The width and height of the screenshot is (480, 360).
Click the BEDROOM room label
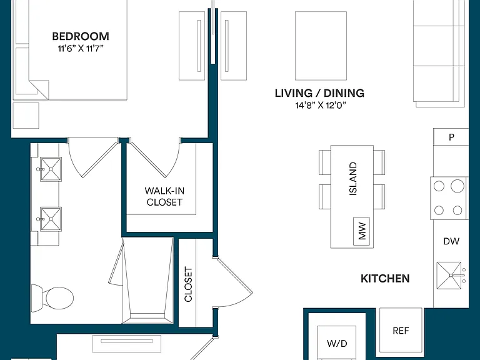coord(81,36)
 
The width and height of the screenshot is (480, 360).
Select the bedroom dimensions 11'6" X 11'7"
coord(81,48)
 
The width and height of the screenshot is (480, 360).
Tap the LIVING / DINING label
coord(319,93)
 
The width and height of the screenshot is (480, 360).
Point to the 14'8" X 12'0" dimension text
coord(321,105)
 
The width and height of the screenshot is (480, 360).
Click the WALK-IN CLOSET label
coord(164,196)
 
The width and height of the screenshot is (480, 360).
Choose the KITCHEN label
coord(385,279)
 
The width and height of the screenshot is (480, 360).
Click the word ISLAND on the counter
coord(353,179)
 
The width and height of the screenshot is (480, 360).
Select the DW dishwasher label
coord(451,241)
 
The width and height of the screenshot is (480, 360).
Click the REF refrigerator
coord(401,331)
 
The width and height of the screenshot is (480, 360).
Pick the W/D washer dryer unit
coord(337,343)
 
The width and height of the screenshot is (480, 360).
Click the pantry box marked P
coord(451,137)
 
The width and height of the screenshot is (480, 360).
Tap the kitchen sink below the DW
coord(449,276)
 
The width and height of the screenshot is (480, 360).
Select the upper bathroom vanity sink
coord(51,169)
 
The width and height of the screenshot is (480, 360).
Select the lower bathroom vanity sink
coord(51,219)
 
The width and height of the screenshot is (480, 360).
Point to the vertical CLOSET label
coord(188,284)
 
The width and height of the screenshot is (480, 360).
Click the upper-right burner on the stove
coord(457,186)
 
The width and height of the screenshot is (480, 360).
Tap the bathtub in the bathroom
coord(148,280)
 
